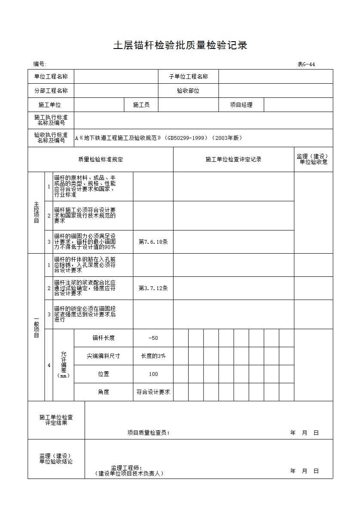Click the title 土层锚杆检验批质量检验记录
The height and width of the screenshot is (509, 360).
[180, 45]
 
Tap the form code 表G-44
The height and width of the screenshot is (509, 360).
[306, 64]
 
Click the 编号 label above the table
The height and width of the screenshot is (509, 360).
[40, 64]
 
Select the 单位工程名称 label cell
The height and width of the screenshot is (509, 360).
[51, 77]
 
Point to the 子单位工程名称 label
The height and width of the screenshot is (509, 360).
[188, 77]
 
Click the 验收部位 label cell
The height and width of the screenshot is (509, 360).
[188, 91]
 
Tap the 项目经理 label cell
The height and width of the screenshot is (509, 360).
[241, 105]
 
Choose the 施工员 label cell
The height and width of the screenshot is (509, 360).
[141, 105]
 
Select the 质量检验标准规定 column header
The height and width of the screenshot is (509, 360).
[101, 160]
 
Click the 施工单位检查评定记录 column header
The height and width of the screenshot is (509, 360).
[233, 160]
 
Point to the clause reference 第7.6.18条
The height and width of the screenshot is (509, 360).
[153, 242]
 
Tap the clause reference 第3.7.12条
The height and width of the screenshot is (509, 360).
[153, 288]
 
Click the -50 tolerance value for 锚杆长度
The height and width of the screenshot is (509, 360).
[153, 338]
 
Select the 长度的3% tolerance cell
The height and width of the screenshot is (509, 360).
[153, 356]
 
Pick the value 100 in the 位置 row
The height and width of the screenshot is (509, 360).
[153, 374]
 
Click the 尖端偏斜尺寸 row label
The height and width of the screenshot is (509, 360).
[103, 356]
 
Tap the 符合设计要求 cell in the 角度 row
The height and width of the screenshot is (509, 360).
[153, 392]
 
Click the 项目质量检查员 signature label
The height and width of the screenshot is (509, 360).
[148, 433]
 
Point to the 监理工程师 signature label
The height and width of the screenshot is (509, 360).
[126, 468]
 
